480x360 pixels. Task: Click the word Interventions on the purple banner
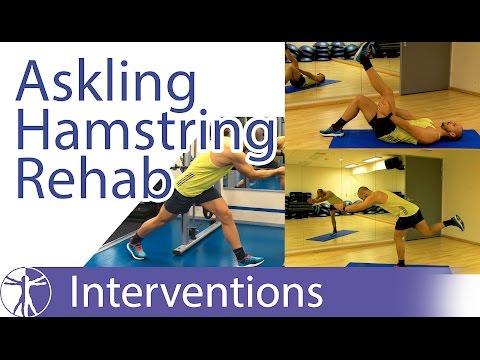[x=195, y=293]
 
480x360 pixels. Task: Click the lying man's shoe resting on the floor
[x=332, y=129]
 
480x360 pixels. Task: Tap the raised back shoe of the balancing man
[x=456, y=221]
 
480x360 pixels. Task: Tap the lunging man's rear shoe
[x=251, y=259]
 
